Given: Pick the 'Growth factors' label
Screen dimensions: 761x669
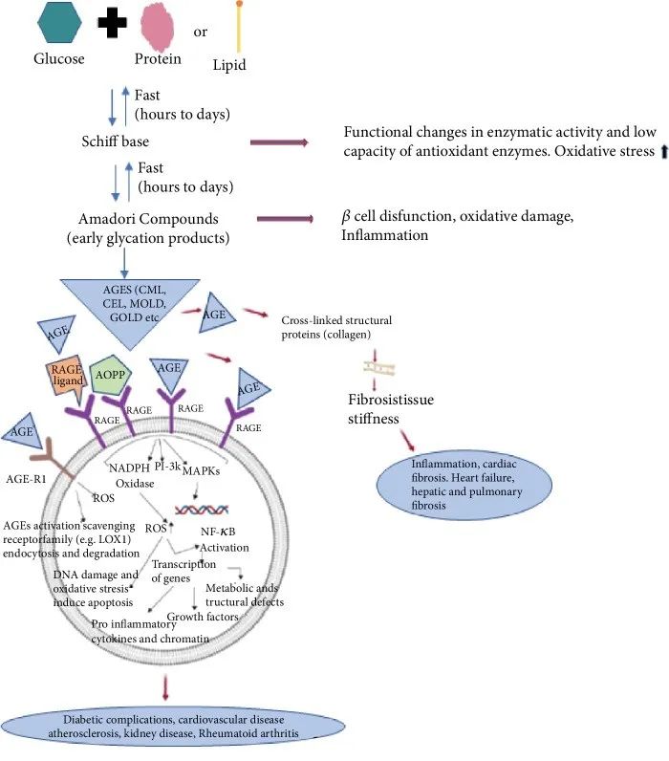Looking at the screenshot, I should (203, 616).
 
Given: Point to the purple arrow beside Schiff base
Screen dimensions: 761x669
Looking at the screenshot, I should (279, 142).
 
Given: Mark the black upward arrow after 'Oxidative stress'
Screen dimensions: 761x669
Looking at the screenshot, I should (658, 149).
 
